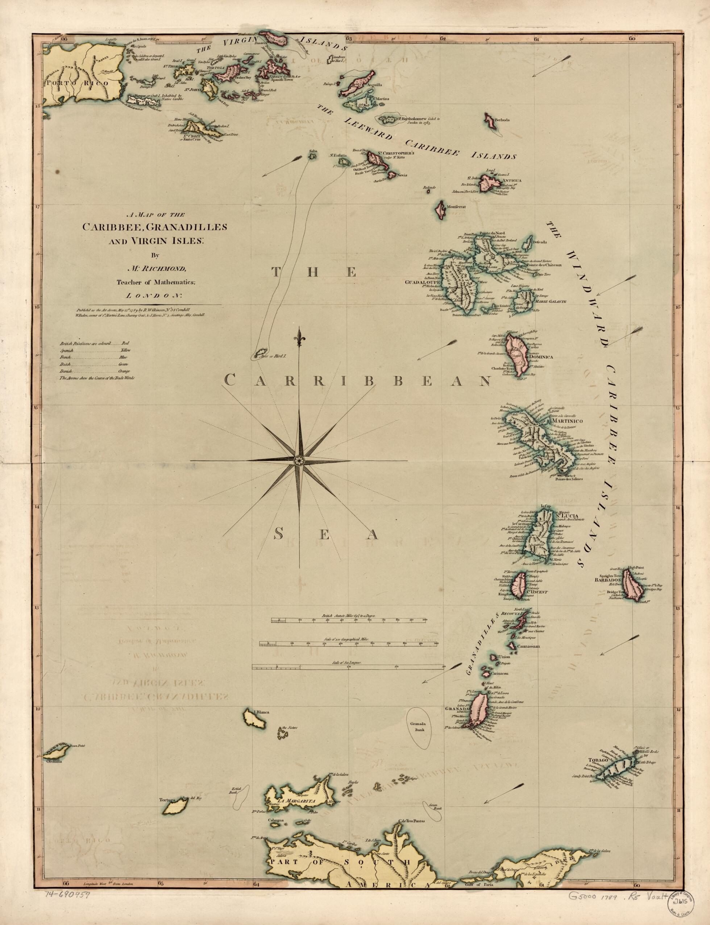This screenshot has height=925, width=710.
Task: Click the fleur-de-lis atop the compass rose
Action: (299, 338)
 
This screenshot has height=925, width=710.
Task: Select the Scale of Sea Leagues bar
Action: (348, 667)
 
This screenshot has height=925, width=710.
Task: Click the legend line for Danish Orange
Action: (95, 371)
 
